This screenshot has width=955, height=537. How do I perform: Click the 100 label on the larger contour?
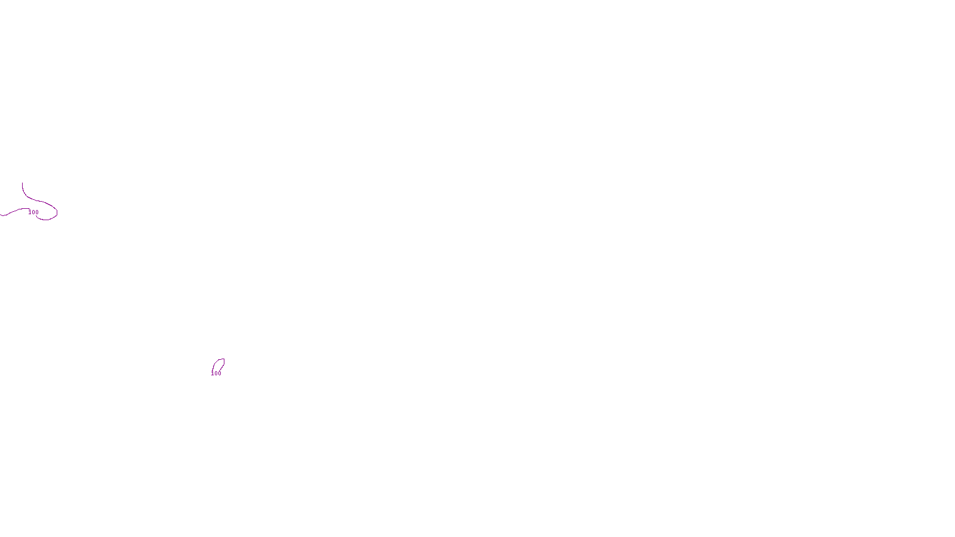[33, 212]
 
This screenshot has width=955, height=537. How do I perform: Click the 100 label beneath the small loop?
[216, 374]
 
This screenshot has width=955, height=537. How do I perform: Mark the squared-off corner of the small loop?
[223, 359]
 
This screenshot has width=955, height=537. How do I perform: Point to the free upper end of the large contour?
[23, 184]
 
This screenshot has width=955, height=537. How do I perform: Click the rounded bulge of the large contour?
[56, 211]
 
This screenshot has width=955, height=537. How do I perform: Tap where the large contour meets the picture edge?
[1, 215]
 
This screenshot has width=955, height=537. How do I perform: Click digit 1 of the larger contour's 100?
[30, 212]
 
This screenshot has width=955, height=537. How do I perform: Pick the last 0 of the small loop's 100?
[220, 374]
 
